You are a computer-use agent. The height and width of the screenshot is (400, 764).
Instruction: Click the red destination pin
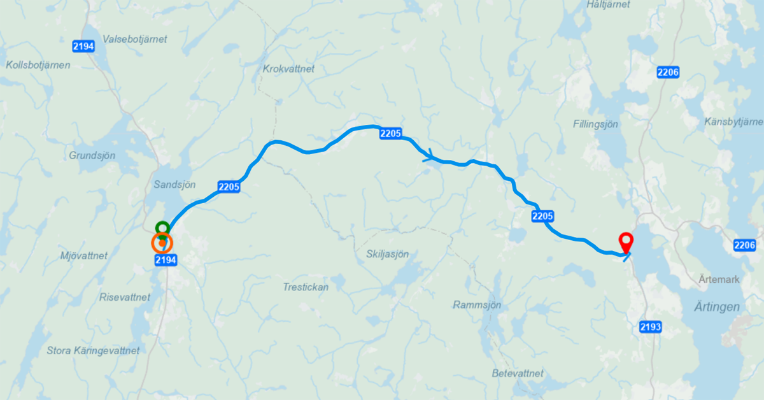(627, 241)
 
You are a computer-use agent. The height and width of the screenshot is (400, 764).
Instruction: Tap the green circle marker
(162, 227)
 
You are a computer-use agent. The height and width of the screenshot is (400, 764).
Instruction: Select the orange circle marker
(162, 242)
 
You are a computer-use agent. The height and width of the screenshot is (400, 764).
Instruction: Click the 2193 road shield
(651, 327)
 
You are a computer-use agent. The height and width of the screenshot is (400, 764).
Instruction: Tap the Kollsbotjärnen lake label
(38, 65)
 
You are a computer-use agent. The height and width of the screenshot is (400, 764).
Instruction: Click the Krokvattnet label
(288, 69)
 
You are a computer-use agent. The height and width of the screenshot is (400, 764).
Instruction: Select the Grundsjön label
(92, 155)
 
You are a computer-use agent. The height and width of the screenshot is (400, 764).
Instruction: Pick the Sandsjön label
(174, 184)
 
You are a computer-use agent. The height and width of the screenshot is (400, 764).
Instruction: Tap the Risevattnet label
(125, 297)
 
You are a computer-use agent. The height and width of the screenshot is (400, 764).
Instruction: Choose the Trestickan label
(306, 287)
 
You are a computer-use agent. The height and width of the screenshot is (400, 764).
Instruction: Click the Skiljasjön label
(387, 254)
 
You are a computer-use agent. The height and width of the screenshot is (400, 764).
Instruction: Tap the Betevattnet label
(518, 373)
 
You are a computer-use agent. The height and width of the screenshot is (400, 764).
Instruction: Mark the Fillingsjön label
(595, 124)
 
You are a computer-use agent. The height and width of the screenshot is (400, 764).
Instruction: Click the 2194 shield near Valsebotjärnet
(83, 46)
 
